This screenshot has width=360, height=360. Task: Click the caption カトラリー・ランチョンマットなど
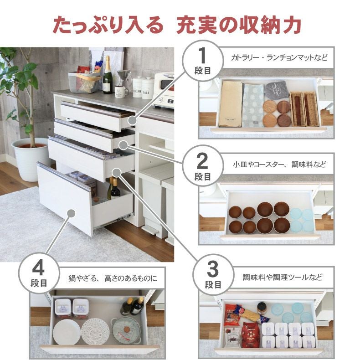279,58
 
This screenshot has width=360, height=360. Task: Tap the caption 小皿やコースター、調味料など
279,163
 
